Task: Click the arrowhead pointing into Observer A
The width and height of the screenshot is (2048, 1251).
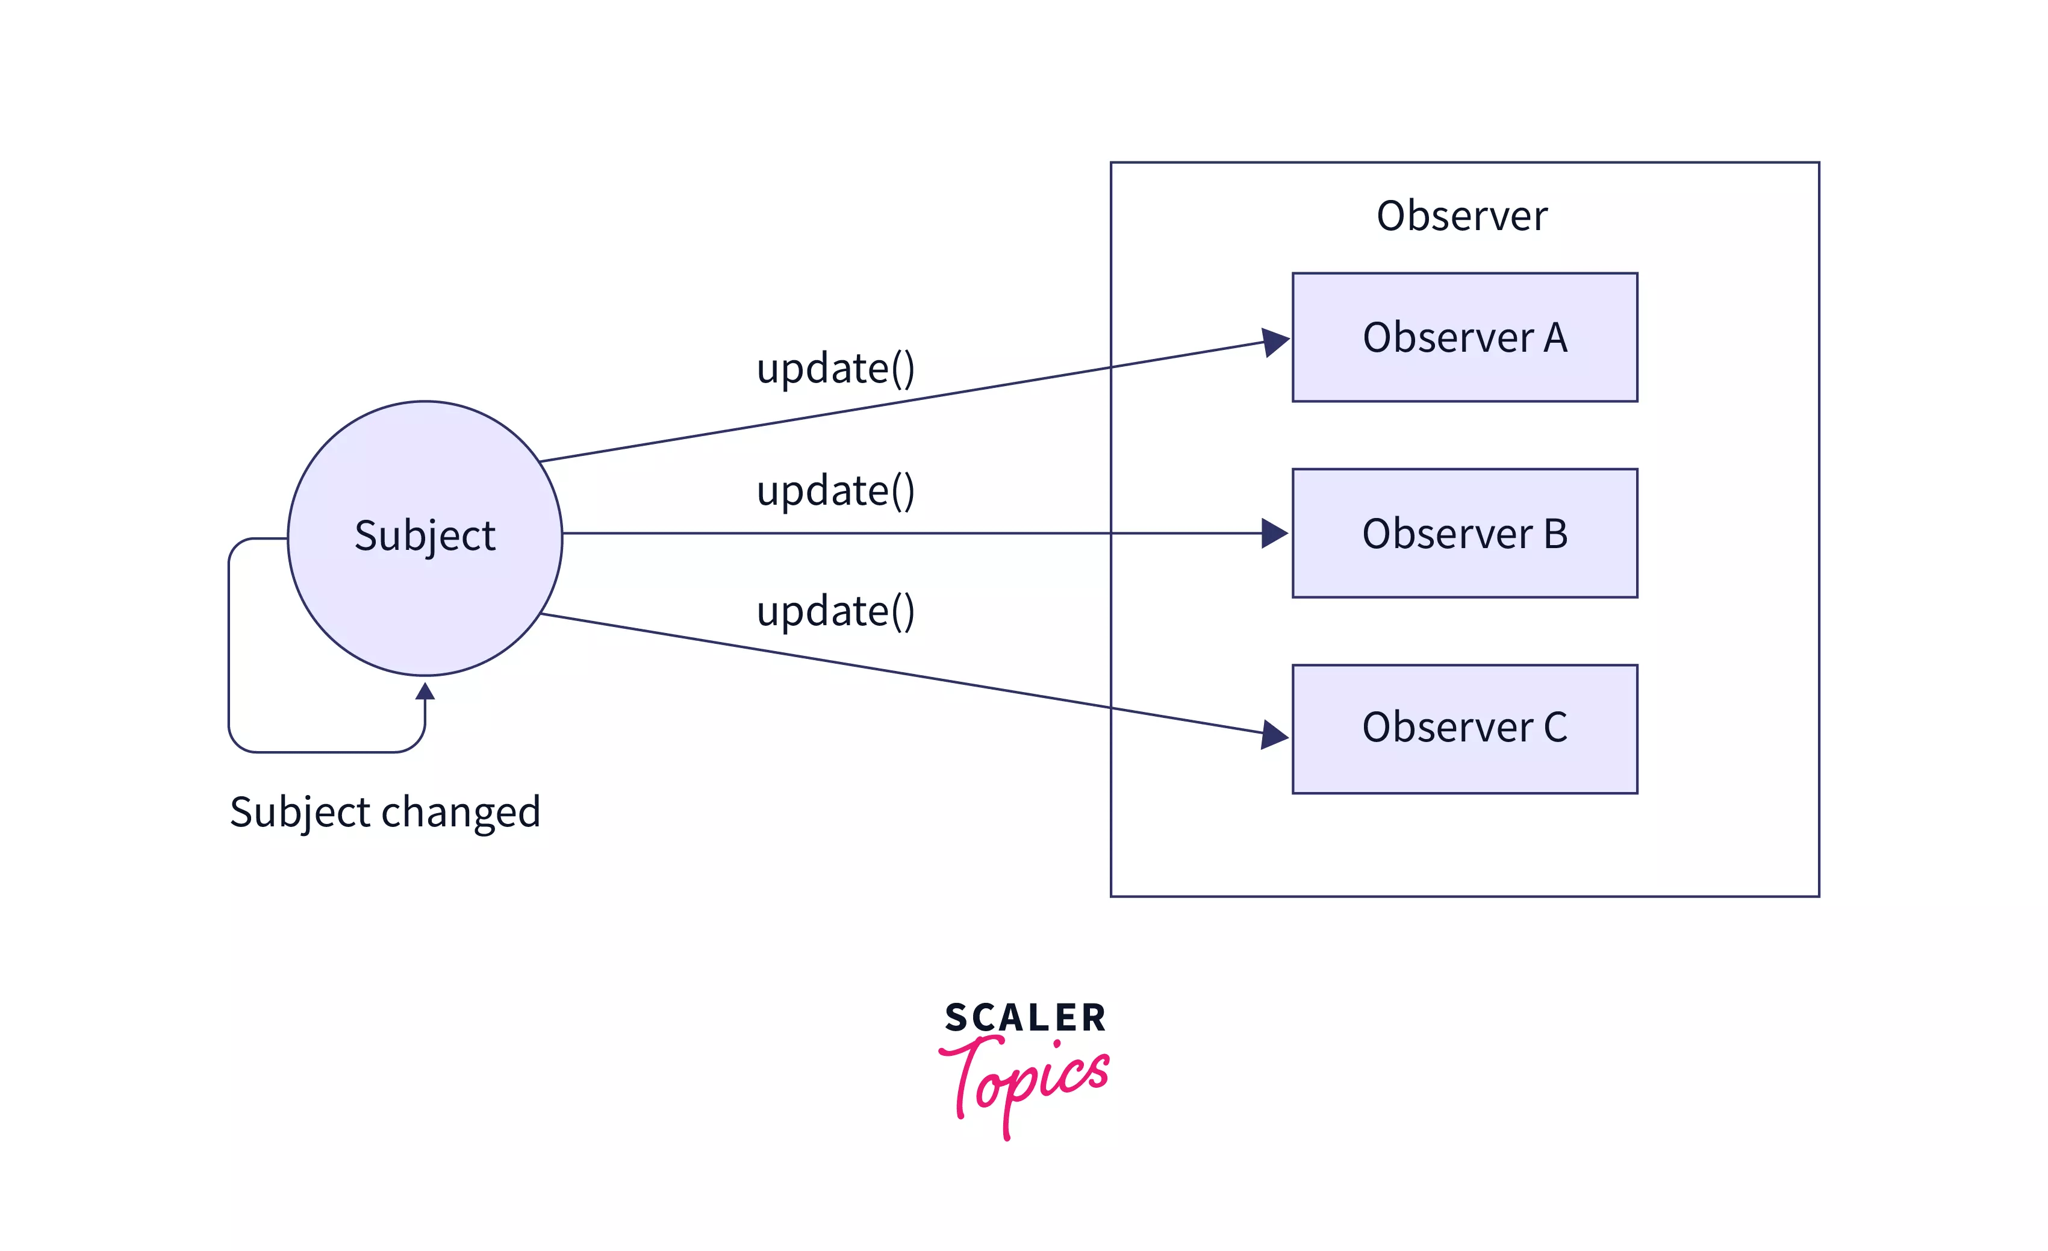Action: pyautogui.click(x=1274, y=342)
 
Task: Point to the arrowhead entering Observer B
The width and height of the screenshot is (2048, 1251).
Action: pyautogui.click(x=1274, y=533)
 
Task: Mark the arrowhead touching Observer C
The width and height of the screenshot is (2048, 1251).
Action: pyautogui.click(x=1274, y=734)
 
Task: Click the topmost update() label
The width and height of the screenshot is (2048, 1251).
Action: pyautogui.click(x=835, y=368)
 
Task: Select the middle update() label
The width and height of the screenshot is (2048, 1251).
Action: pyautogui.click(x=835, y=490)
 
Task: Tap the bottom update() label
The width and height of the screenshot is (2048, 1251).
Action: pyautogui.click(x=835, y=611)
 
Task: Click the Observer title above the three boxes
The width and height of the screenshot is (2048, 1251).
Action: pyautogui.click(x=1462, y=216)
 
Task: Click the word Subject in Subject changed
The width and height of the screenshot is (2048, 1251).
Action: pyautogui.click(x=299, y=812)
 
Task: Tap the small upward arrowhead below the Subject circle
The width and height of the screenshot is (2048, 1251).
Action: pyautogui.click(x=425, y=691)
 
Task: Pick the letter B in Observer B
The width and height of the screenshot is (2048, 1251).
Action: pyautogui.click(x=1555, y=534)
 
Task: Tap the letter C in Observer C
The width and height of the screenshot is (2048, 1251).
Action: pyautogui.click(x=1555, y=728)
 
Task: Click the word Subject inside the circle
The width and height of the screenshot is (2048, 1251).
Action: pyautogui.click(x=425, y=535)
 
